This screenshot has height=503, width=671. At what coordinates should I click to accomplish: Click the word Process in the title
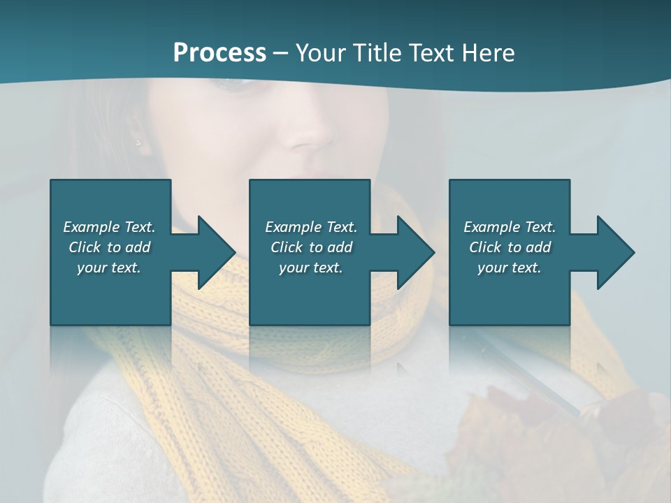tap(219, 53)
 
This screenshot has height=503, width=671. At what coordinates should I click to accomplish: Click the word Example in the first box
tap(92, 227)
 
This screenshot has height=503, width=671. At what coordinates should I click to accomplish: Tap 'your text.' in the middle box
tap(310, 268)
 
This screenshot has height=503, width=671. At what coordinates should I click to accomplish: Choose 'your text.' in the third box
tap(509, 268)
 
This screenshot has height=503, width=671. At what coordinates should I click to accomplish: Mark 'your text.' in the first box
tap(108, 268)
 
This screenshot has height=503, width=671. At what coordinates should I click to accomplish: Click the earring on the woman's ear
tap(138, 143)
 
